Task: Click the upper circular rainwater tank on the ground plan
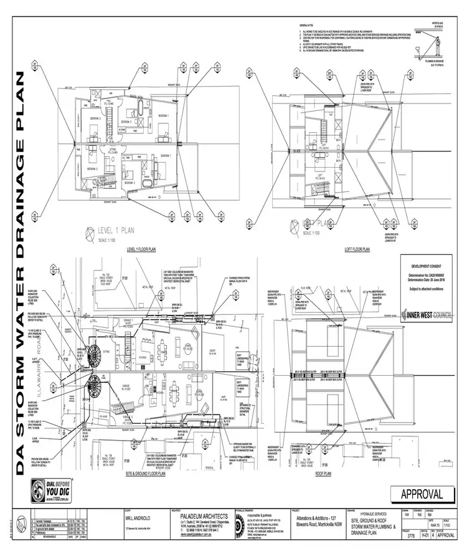coord(97,355)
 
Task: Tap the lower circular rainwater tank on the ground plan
coord(95,387)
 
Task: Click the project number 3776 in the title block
coord(409,534)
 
